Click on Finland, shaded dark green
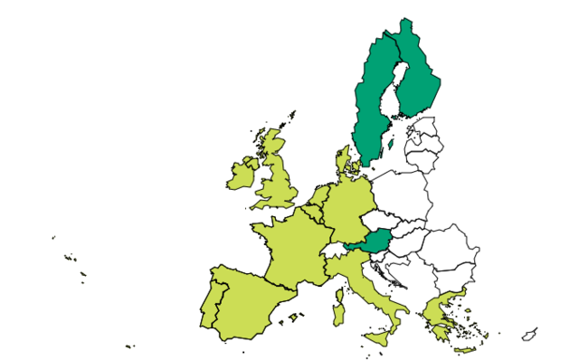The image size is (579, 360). (x=414, y=77)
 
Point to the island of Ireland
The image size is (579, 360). (x=241, y=174)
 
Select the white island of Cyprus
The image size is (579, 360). (x=529, y=336)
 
